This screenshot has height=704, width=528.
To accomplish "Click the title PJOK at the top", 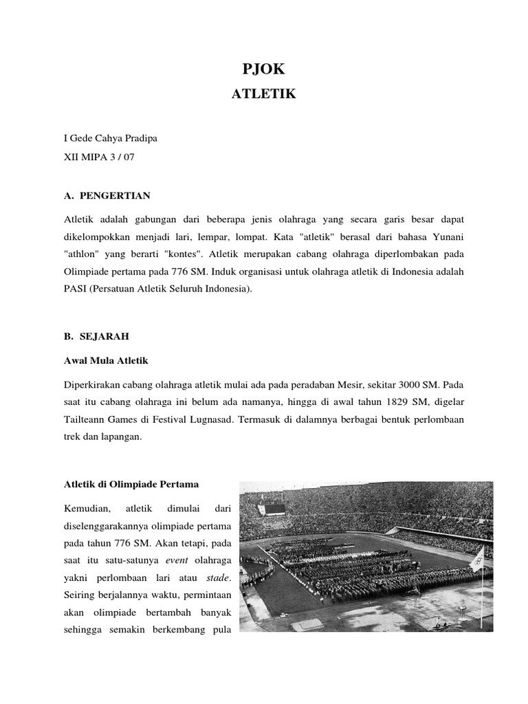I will click(x=264, y=68).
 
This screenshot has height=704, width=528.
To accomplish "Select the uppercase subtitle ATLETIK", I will click(x=264, y=94).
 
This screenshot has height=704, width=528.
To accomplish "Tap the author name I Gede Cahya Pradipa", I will click(x=110, y=139).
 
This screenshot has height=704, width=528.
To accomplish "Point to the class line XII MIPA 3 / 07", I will click(x=99, y=157).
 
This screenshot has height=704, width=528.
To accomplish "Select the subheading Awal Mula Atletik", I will click(x=105, y=360).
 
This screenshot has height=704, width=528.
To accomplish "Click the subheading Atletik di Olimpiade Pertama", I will click(x=131, y=485).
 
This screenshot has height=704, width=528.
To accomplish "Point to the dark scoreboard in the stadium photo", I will click(x=275, y=509).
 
